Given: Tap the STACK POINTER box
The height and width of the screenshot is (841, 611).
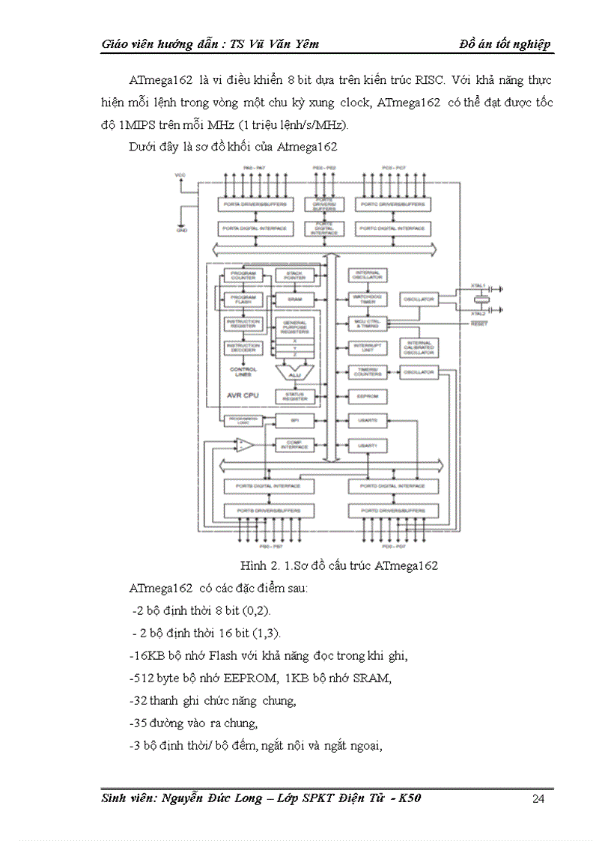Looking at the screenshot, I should point(294,276).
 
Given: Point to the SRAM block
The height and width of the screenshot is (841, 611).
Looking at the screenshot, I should point(294,299).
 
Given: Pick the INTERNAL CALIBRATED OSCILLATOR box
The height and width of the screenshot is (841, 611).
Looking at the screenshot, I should point(419,347).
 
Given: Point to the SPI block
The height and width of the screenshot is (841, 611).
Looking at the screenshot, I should point(294,420).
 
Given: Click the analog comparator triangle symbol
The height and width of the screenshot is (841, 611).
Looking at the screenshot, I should point(244,445).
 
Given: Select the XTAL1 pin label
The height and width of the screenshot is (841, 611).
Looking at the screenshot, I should point(479,285).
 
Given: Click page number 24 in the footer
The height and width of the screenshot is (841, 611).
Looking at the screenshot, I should point(538,799).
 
